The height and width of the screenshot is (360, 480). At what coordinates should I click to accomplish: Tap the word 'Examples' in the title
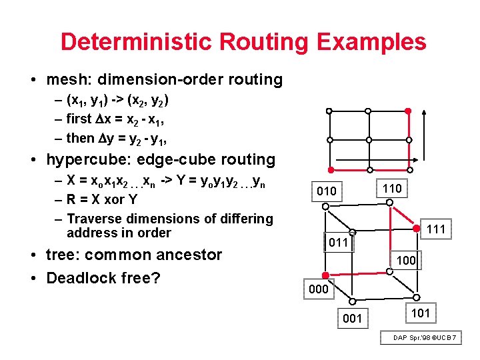(371, 42)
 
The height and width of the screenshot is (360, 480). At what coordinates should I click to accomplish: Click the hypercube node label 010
(327, 191)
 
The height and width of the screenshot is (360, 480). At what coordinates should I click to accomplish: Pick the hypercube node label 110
(392, 189)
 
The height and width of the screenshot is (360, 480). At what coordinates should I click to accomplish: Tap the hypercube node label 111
(435, 230)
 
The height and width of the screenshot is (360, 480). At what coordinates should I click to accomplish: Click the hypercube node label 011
(338, 242)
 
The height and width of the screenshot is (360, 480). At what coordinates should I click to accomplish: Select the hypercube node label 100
(406, 261)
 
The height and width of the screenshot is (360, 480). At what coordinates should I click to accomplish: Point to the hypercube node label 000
(318, 289)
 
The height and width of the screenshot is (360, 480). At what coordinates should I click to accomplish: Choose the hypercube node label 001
(352, 319)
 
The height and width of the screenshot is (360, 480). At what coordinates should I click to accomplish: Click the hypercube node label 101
(421, 313)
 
